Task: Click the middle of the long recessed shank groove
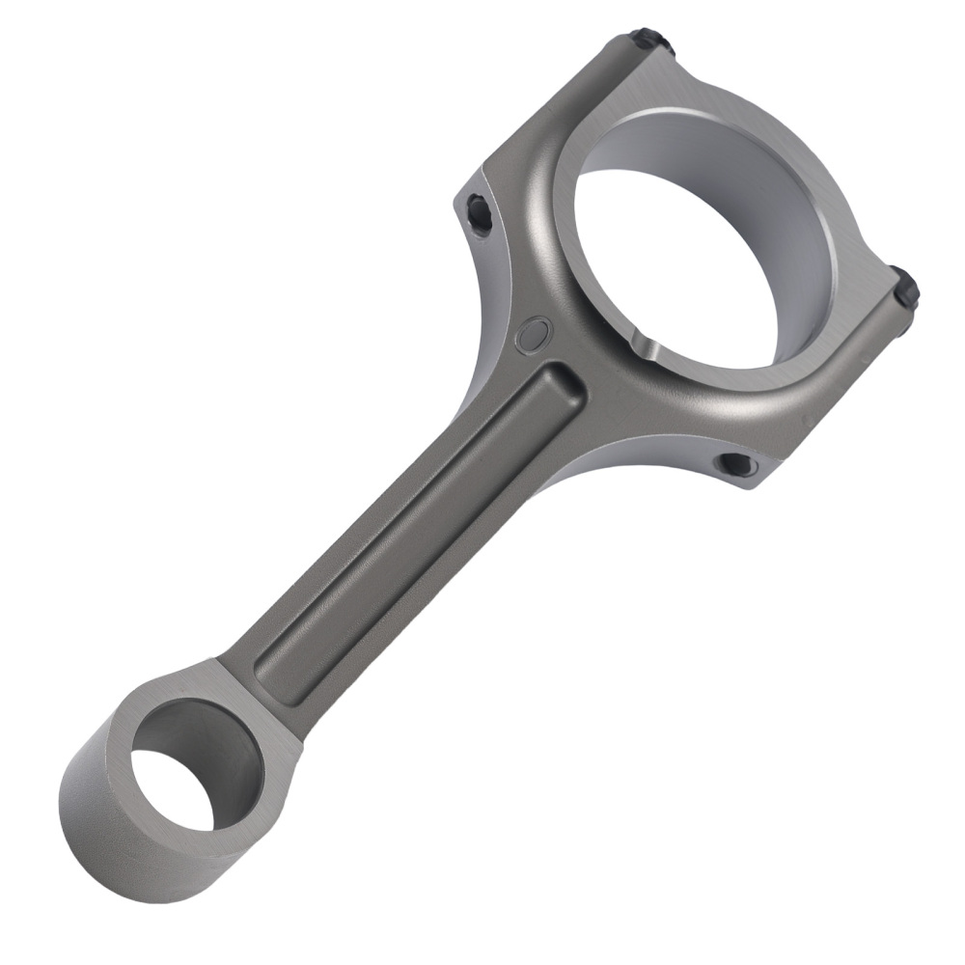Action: coord(415,531)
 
